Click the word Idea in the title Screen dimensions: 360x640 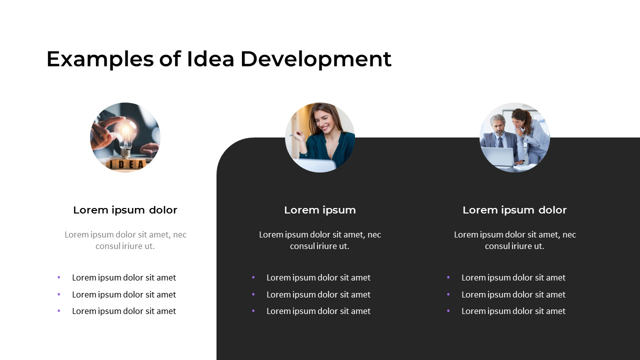(210, 59)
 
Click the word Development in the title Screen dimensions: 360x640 (315, 59)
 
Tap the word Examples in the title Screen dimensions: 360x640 (100, 59)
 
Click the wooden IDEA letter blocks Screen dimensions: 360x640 (126, 164)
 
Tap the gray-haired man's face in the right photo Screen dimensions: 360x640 (497, 125)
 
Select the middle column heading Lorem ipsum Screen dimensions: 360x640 (320, 210)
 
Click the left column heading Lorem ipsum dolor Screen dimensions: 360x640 (125, 210)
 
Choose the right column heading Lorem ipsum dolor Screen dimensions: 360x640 (514, 210)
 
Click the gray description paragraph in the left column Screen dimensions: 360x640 (125, 240)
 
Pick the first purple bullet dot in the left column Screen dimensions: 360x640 (59, 277)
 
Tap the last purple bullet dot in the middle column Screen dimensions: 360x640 (253, 311)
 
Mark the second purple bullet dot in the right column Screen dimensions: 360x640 (448, 294)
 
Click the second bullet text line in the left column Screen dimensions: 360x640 (124, 294)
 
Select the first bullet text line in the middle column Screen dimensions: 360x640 (318, 277)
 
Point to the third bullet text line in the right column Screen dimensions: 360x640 (513, 311)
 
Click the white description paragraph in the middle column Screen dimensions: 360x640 (320, 240)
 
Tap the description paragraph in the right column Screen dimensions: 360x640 (514, 240)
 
